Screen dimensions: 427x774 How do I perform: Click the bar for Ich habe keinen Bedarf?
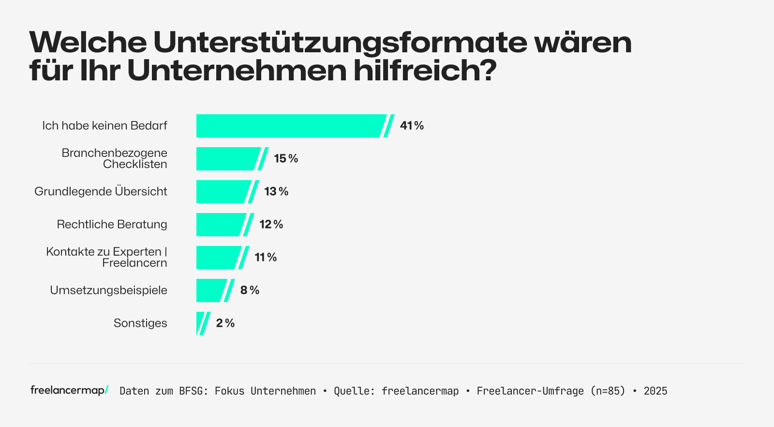point(290,126)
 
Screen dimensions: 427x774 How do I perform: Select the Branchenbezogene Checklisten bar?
point(227,159)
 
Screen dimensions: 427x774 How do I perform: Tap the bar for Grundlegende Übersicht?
point(223,192)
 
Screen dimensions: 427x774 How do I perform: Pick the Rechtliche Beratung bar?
point(220,225)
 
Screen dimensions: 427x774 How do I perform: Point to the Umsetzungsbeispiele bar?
point(210,290)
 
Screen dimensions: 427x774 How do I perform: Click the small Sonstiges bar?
point(199,323)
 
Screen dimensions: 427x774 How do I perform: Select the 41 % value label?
point(412,126)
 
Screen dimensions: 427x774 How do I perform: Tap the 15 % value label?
point(286,159)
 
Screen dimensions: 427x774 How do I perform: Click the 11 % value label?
point(266,258)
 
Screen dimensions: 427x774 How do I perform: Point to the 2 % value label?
point(225,323)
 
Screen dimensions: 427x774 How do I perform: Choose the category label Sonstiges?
point(140,323)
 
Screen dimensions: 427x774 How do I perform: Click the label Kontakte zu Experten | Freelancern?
point(107,258)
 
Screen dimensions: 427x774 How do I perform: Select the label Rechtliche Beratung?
point(112,225)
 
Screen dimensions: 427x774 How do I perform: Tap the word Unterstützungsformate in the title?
point(340,43)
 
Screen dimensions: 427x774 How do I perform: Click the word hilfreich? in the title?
point(425,71)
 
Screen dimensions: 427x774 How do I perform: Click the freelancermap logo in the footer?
point(69,390)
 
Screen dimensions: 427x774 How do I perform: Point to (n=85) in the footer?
point(608,391)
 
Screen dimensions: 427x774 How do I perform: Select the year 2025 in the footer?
point(655,391)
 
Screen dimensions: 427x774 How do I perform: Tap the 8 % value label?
point(250,290)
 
